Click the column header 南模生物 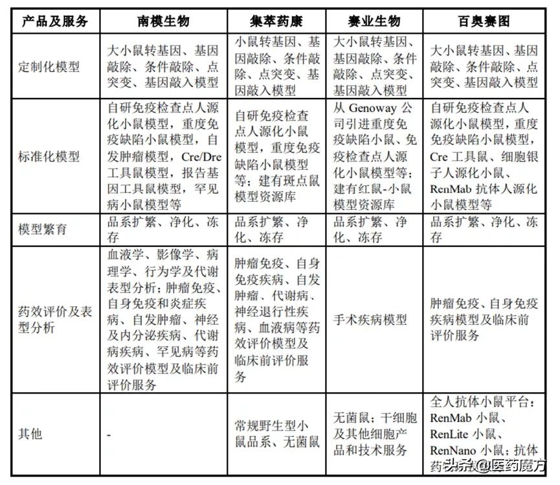coord(164,21)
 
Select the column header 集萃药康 coord(277,21)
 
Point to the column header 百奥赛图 coord(484,21)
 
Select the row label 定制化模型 coord(50,67)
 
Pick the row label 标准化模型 coord(50,156)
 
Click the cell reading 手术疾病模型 coord(370,319)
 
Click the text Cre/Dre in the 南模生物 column coord(197,156)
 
